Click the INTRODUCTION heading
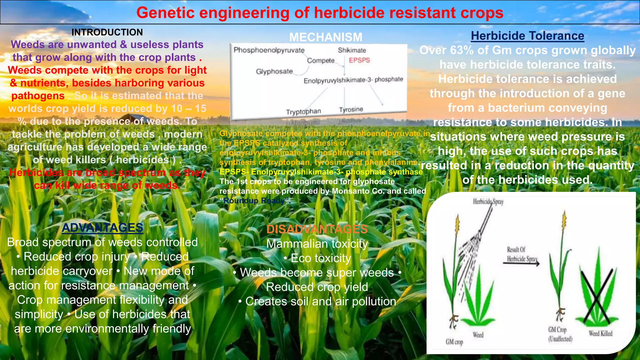pyautogui.click(x=107, y=32)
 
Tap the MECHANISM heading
pyautogui.click(x=326, y=37)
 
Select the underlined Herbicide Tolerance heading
pyautogui.click(x=527, y=36)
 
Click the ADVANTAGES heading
pyautogui.click(x=102, y=228)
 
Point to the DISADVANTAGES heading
pyautogui.click(x=317, y=229)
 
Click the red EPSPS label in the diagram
pyautogui.click(x=359, y=60)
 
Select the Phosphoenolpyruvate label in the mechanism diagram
pyautogui.click(x=269, y=50)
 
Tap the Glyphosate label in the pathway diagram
pyautogui.click(x=274, y=72)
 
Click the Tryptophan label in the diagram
pyautogui.click(x=303, y=112)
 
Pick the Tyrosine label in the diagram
pyautogui.click(x=351, y=109)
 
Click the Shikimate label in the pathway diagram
pyautogui.click(x=352, y=50)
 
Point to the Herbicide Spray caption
pyautogui.click(x=488, y=202)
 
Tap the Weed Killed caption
pyautogui.click(x=600, y=333)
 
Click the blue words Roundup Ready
pyautogui.click(x=254, y=201)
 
